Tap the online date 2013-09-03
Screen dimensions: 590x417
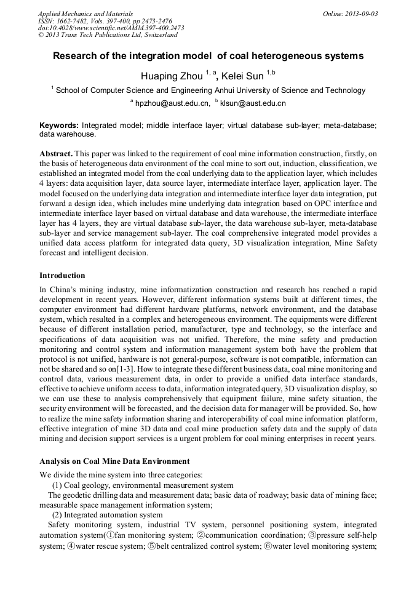360,13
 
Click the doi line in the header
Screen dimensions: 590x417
111,28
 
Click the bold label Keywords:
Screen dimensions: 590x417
59,125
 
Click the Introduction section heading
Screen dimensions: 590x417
62,275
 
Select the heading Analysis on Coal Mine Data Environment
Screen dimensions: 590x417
114,461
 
